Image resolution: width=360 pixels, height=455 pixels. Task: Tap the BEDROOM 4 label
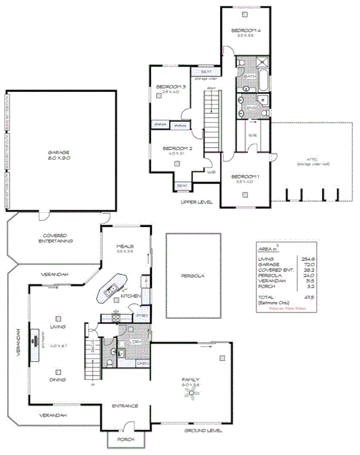coord(246,31)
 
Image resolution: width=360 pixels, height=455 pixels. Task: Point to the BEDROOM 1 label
coord(246,176)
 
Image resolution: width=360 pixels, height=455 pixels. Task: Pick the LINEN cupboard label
coord(143,363)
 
